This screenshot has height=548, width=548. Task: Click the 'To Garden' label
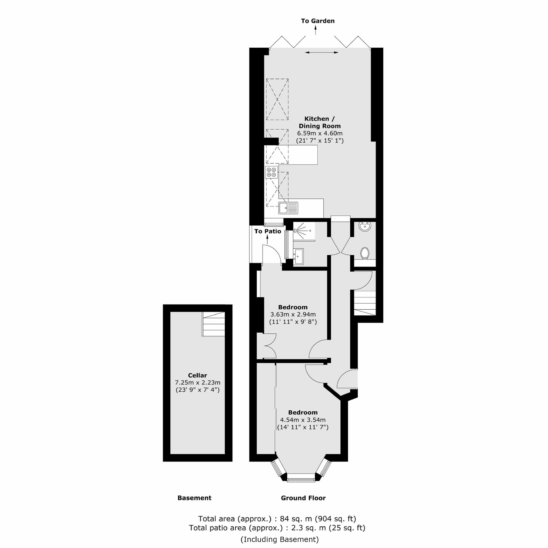[x=318, y=21]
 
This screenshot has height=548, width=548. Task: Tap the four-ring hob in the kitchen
[x=271, y=172]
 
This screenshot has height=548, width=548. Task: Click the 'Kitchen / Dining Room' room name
[x=319, y=122]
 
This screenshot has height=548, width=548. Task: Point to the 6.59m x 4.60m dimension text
[x=320, y=133]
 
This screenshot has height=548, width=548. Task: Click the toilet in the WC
[x=365, y=253]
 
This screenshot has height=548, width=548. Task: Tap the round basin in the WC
[x=365, y=226]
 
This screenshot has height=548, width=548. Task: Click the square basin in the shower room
[x=298, y=257]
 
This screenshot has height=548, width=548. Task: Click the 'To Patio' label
[x=267, y=231]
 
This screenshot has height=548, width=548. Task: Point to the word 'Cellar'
[x=198, y=375]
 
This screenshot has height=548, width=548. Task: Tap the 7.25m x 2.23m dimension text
[x=198, y=383]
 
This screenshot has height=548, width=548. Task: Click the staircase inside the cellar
[x=214, y=324]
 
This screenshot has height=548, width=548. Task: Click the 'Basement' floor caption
[x=194, y=498]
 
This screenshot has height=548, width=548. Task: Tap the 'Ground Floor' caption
[x=303, y=498]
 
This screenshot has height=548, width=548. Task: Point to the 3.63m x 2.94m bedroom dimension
[x=293, y=314]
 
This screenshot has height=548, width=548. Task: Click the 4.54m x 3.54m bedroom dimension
[x=303, y=420]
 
